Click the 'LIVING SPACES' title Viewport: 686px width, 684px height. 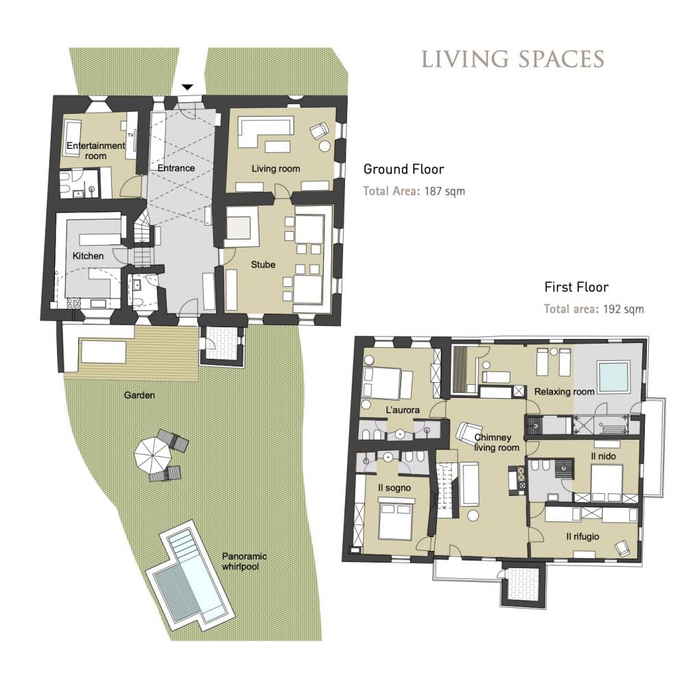click(512, 59)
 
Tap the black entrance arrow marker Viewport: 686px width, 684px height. click(187, 88)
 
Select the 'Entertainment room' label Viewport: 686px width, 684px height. click(96, 150)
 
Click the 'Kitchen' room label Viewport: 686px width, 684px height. click(88, 256)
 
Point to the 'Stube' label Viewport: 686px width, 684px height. click(263, 264)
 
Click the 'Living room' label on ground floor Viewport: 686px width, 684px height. click(276, 169)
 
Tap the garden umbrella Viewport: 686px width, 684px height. click(152, 456)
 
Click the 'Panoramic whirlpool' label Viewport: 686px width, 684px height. click(244, 561)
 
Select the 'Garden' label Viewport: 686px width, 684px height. click(139, 395)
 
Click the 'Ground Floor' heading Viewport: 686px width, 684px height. click(404, 169)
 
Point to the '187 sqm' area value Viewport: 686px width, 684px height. click(445, 191)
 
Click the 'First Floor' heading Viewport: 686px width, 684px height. click(576, 287)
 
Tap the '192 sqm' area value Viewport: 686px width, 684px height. click(624, 309)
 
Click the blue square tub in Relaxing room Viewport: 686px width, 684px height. click(614, 377)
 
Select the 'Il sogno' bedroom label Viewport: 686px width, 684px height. click(394, 488)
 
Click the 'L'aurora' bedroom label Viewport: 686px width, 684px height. click(403, 410)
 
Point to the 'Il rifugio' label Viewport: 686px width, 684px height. click(582, 536)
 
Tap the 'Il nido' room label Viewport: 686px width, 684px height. click(603, 456)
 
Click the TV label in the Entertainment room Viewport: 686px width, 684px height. click(130, 134)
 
